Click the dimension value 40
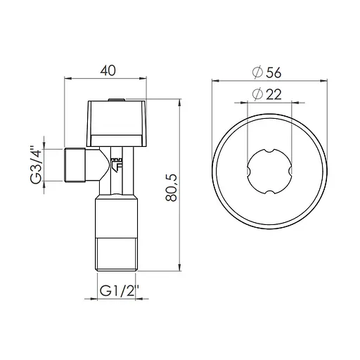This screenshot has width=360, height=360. click(108, 72)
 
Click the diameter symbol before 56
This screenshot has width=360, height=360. click(257, 72)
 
